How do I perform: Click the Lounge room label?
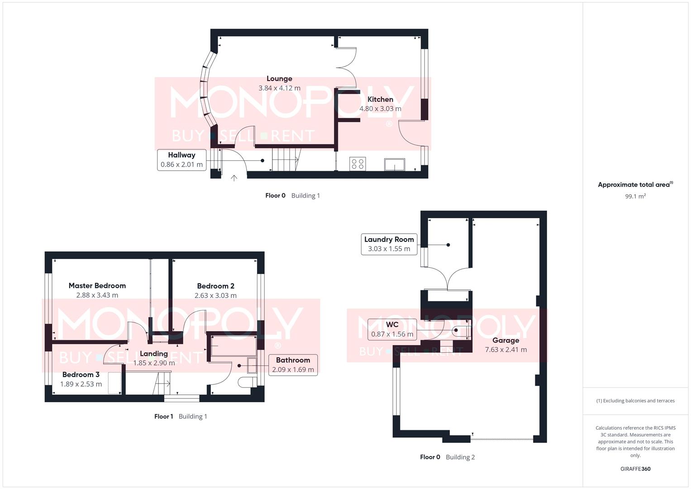coord(279,79)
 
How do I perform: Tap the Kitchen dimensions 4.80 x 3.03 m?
coord(380,109)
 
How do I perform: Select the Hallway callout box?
coord(181,160)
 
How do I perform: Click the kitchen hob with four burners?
coord(357,163)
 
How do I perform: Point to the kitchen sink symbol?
coord(395,164)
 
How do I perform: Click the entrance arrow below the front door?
coord(234,178)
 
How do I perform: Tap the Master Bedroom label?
coord(97,286)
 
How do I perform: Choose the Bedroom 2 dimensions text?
coord(215,296)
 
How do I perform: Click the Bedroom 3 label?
coord(81,374)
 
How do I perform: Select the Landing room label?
coord(154,354)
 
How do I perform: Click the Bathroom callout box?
coord(293,364)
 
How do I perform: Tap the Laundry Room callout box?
coord(389,244)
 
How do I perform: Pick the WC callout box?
coord(392,329)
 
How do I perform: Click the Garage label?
coord(506,340)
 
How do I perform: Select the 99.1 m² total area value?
coord(635,197)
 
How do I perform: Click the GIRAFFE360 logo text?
coord(635,469)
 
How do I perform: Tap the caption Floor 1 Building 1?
coord(181,417)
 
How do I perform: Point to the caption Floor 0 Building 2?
coord(447,457)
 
